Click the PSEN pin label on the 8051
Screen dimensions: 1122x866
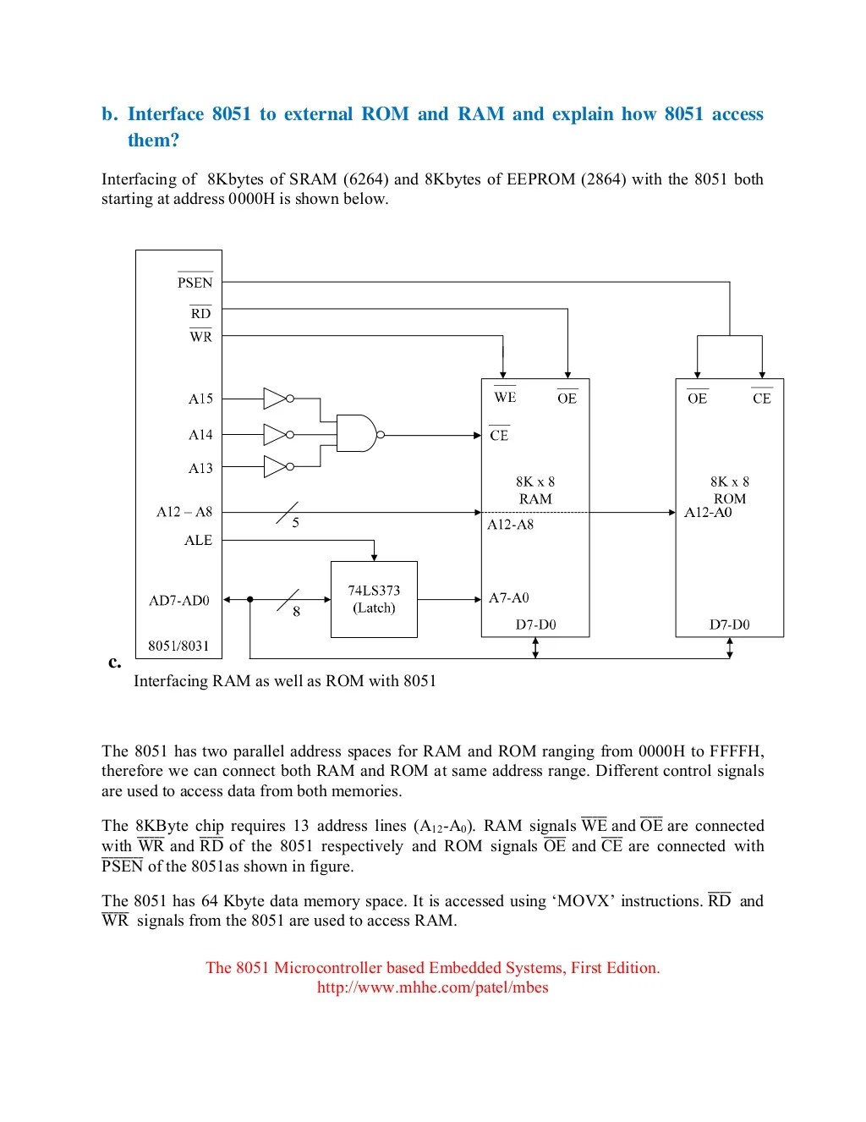click(195, 283)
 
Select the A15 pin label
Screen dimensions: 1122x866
click(200, 399)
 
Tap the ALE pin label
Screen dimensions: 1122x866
click(198, 540)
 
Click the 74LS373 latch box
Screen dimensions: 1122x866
click(374, 599)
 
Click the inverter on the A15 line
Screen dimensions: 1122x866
click(277, 399)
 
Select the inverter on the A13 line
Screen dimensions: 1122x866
click(277, 466)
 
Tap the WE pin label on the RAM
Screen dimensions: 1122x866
click(505, 397)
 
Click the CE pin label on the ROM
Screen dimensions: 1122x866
click(761, 399)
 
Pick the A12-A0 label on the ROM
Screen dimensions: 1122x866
click(708, 512)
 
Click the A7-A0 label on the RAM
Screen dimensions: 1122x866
click(509, 598)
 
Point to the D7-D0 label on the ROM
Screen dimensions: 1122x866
click(729, 624)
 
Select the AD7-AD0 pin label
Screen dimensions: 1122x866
click(179, 601)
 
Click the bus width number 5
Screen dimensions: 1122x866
click(296, 523)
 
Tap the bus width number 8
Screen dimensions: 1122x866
click(296, 612)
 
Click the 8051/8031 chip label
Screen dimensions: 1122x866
click(178, 646)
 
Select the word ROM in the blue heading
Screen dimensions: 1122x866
click(385, 114)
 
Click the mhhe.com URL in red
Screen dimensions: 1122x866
click(432, 987)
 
